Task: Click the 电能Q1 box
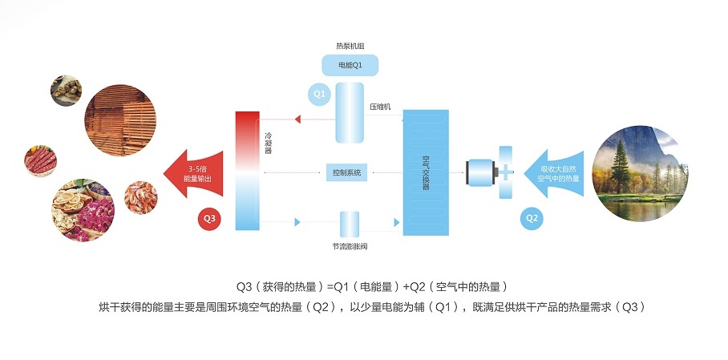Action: tap(349, 65)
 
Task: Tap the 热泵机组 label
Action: tap(349, 46)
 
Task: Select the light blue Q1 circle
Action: tap(319, 95)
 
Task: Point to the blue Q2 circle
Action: tap(532, 217)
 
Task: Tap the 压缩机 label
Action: tap(380, 106)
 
